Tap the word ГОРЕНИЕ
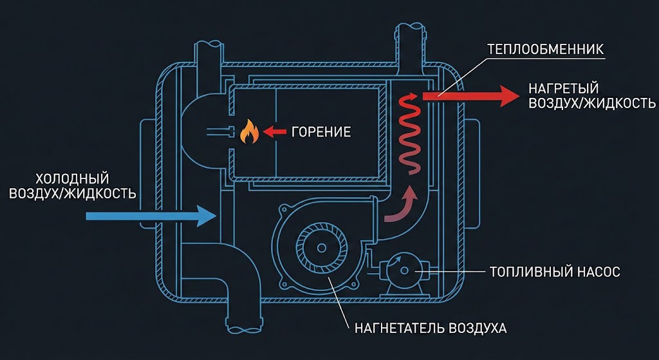click(x=321, y=133)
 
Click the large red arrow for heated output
click(x=470, y=95)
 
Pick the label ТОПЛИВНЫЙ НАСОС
click(x=555, y=272)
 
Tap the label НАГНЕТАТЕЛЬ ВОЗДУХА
click(x=431, y=328)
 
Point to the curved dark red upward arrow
click(x=400, y=205)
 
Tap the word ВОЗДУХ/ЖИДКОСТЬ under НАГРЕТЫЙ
click(x=591, y=103)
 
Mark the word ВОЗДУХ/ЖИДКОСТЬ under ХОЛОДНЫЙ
click(x=73, y=193)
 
